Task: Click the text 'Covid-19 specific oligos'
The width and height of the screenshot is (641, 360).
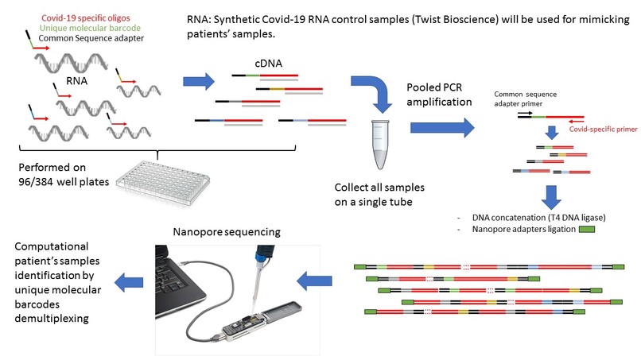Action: click(85, 18)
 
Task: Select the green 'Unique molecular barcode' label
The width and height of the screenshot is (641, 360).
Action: click(90, 28)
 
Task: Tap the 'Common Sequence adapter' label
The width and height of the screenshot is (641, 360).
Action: click(91, 38)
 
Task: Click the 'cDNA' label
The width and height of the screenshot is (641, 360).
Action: click(268, 64)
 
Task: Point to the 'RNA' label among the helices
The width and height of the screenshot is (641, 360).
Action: click(77, 81)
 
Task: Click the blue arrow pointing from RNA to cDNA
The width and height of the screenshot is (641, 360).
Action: click(199, 81)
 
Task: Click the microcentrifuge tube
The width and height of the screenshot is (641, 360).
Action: click(380, 145)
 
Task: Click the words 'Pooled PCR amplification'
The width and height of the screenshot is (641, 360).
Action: click(439, 95)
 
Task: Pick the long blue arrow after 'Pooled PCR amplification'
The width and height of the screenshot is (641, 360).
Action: click(442, 127)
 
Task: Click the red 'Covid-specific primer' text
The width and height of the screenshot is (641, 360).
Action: click(603, 129)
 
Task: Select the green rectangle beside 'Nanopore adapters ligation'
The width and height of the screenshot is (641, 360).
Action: click(587, 229)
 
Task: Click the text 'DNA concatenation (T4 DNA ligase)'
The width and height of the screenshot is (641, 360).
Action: click(538, 218)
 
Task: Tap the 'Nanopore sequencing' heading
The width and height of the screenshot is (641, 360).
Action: click(227, 232)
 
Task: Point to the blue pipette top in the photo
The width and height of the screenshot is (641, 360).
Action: click(263, 254)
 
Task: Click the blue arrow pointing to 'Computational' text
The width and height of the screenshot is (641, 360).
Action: click(129, 282)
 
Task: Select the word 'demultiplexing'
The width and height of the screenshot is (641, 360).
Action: click(52, 319)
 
